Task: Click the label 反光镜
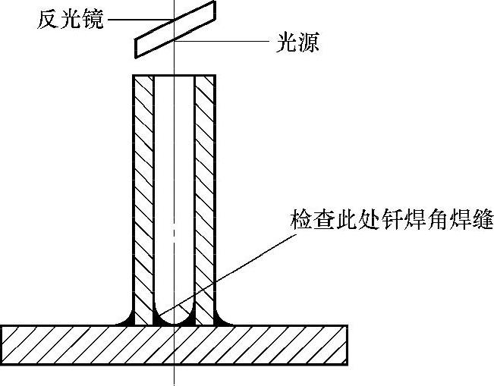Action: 71,17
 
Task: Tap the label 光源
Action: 297,42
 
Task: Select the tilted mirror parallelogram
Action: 175,30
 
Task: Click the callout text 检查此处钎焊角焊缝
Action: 392,221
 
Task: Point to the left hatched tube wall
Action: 143,190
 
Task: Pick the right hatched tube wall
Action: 206,190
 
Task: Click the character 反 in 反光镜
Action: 49,17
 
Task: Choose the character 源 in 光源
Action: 308,42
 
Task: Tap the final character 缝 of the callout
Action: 483,221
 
